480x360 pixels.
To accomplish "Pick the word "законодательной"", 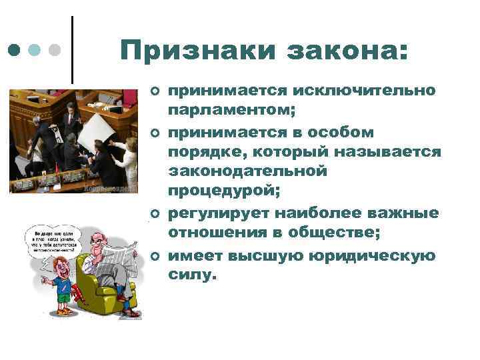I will point(248,172).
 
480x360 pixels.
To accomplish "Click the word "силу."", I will point(193,274).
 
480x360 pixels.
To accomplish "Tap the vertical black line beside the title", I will point(72,50).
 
